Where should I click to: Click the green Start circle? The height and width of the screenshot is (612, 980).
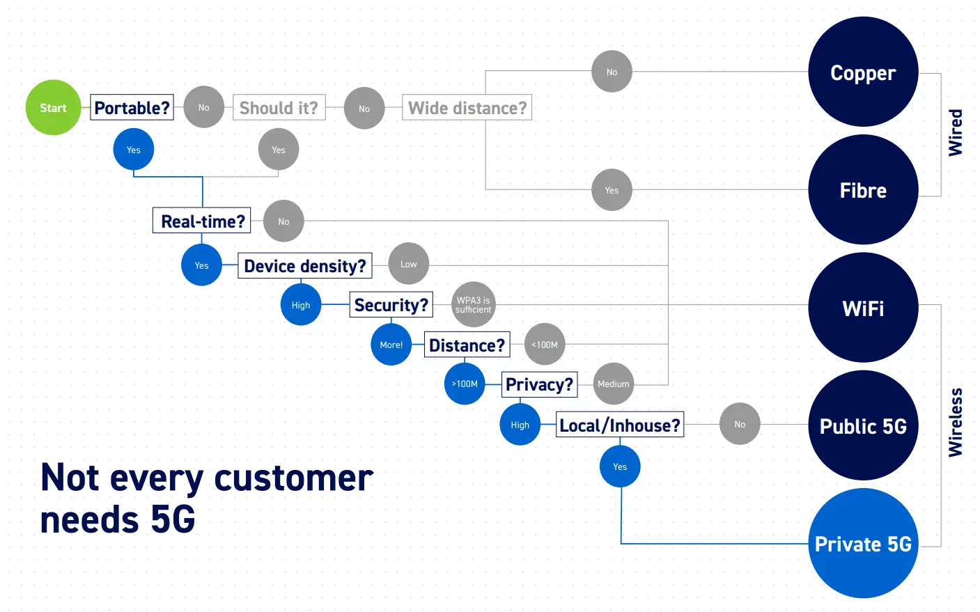(53, 108)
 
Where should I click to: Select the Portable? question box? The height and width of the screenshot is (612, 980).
(132, 108)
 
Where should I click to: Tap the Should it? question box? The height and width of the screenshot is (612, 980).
(279, 108)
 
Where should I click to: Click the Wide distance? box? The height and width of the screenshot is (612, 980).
(467, 108)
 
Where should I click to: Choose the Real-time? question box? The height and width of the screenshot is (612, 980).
(202, 221)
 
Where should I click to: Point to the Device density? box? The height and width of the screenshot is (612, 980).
(304, 266)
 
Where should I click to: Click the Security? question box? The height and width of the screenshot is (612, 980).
(391, 305)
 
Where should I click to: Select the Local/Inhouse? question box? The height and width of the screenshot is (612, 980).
(620, 425)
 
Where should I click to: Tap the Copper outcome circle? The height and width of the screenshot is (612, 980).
(863, 72)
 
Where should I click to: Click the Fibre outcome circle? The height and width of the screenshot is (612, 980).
(863, 190)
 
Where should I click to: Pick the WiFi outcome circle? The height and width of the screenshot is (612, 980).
(863, 308)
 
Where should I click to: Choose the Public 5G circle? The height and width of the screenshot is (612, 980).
(863, 425)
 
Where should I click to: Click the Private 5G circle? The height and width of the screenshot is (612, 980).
(863, 543)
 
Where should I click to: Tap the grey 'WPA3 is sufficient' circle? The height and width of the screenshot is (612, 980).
(474, 305)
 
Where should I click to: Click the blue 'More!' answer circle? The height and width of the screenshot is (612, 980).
(391, 345)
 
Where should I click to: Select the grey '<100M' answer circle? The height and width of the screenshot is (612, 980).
(545, 345)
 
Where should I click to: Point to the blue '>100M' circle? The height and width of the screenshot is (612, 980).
(465, 384)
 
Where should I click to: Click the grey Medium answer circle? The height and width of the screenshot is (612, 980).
(613, 384)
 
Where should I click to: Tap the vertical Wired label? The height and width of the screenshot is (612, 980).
(956, 132)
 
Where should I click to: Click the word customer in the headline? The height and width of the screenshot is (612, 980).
(293, 478)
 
